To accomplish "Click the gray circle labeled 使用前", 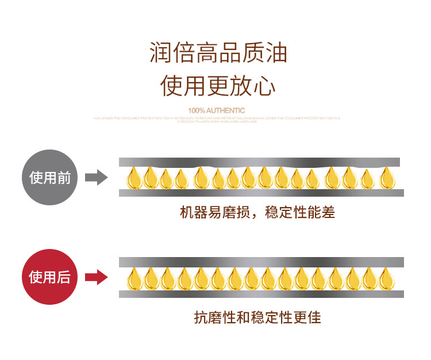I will click(x=50, y=177).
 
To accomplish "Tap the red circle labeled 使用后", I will click(x=50, y=277).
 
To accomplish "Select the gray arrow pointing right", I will click(x=97, y=177).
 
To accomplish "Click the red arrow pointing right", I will click(x=97, y=277).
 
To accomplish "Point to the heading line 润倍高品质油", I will click(x=218, y=53).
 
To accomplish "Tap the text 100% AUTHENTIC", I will click(x=216, y=110).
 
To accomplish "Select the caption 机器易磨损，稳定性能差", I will click(x=257, y=213).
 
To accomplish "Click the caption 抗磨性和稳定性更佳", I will click(x=257, y=317).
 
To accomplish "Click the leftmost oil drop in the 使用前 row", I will click(x=134, y=178).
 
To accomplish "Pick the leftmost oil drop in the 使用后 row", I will click(x=134, y=279).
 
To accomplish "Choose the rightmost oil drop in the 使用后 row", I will click(x=385, y=279).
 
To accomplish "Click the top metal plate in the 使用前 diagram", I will click(x=260, y=162).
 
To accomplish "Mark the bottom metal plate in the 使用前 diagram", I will click(x=260, y=193).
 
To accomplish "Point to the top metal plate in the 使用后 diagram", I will click(x=261, y=262).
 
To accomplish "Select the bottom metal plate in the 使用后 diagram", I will click(x=261, y=294).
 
